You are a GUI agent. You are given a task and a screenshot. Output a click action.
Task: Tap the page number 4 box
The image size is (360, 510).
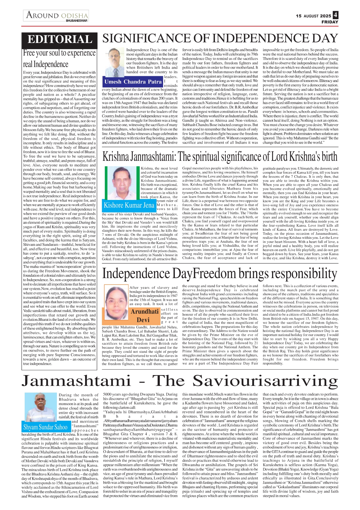(335, 15)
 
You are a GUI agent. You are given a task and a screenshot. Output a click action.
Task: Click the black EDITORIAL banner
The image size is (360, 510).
(60, 40)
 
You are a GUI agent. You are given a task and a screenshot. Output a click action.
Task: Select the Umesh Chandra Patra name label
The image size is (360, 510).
(133, 82)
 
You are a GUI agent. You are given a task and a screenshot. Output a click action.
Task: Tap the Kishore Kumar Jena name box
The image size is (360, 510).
(129, 205)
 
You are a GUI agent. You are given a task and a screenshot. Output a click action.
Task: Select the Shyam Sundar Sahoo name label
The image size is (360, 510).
(45, 427)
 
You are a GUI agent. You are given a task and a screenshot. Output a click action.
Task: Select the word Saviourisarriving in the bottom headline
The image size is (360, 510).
(265, 381)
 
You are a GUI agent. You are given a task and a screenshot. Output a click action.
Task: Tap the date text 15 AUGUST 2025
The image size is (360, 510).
(313, 16)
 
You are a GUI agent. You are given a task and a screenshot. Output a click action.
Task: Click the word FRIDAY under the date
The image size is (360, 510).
(330, 22)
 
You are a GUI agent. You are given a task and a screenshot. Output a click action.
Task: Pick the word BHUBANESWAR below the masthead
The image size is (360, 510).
(77, 21)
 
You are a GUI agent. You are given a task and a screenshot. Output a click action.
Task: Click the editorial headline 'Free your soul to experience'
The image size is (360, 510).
(59, 53)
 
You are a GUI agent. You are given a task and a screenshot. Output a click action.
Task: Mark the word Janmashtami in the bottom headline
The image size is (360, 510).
(76, 381)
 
